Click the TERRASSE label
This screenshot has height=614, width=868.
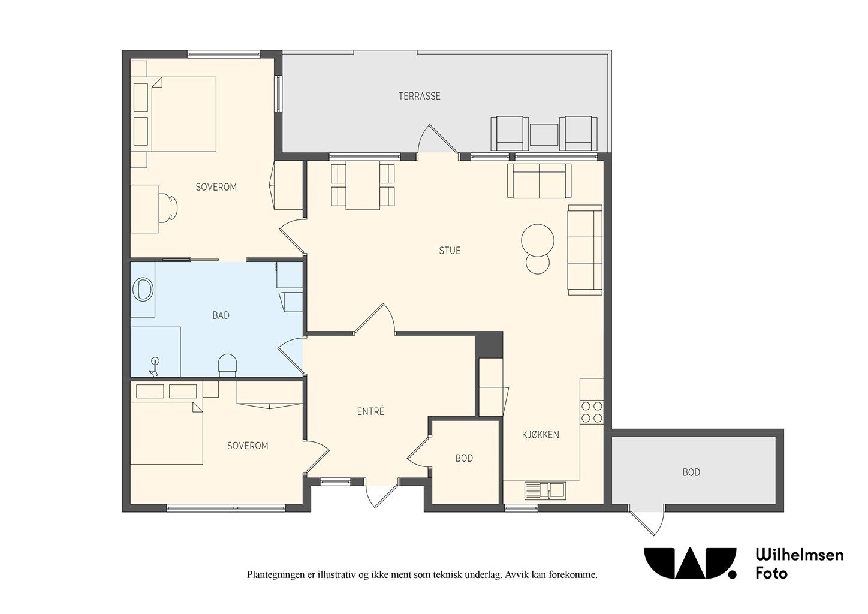pos(419,96)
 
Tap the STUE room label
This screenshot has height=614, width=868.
pos(450,251)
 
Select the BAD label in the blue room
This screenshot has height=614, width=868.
pos(221,315)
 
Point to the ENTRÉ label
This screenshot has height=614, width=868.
pos(370,411)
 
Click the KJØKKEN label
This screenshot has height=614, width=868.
pos(541,435)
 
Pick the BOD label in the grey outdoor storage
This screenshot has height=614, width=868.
pos(691,472)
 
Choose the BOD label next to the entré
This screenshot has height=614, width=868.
pos(464,458)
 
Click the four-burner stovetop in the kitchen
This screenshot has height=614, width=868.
pos(592,412)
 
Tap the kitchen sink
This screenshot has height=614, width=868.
pos(545,490)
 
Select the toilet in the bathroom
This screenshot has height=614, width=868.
pos(227,365)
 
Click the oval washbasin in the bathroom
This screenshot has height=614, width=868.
pos(143,290)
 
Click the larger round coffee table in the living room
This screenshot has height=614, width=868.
pos(538,240)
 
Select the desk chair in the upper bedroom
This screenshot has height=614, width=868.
pos(168,208)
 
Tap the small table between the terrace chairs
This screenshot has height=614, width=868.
pos(544,134)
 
